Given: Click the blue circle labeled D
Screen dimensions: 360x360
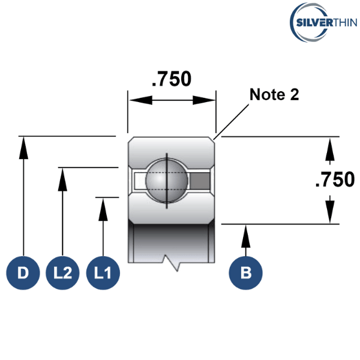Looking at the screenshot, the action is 23,273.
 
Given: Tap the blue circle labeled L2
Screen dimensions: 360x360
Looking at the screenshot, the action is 62,273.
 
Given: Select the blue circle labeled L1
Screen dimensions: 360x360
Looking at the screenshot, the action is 103,273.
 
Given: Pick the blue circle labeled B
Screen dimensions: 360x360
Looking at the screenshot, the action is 245,273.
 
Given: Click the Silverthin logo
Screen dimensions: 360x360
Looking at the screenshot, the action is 323,22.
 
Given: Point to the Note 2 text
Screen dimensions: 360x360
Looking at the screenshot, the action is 274,94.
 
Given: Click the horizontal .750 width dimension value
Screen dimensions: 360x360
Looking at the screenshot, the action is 172,79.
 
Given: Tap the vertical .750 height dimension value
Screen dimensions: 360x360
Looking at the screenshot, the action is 335,179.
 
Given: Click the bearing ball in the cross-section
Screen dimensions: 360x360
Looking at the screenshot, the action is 167,181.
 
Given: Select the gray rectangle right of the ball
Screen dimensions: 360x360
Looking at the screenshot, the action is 200,181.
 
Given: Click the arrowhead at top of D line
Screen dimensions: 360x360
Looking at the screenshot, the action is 23,148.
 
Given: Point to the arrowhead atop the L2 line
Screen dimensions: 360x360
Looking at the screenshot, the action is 62,179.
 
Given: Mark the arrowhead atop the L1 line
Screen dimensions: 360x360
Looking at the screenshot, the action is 103,209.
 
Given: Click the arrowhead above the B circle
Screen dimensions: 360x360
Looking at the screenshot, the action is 245,236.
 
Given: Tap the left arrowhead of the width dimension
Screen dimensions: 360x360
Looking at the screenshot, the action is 141,100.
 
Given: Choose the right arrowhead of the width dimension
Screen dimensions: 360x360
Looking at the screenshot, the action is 204,100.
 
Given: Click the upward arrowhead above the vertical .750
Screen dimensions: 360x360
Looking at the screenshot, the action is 330,149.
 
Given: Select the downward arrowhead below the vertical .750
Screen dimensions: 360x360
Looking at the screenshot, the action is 330,212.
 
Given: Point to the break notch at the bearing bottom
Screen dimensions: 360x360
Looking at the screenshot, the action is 172,263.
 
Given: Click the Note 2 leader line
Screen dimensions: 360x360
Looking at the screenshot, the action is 231,122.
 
